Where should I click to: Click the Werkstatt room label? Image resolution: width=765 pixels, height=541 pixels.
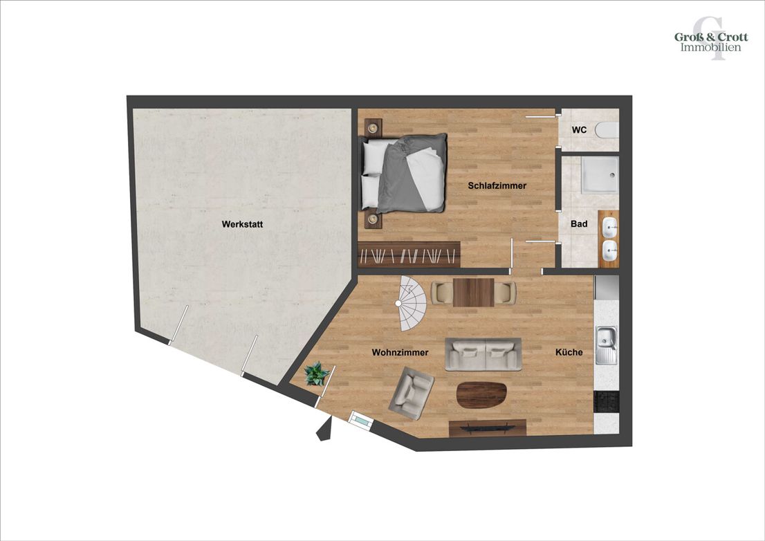(242, 224)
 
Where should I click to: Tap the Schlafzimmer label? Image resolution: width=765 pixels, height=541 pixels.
(497, 186)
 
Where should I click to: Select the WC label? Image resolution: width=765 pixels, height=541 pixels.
(579, 130)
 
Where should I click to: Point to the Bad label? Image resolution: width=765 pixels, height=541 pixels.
(579, 224)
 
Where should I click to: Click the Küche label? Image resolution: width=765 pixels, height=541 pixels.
(569, 352)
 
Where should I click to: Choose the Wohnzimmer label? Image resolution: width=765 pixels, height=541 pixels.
(400, 352)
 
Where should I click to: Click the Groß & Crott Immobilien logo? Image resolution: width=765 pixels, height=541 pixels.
(711, 41)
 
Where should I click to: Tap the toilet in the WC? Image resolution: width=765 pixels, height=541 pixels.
(607, 130)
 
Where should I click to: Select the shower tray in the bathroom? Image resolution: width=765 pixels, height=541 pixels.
(600, 175)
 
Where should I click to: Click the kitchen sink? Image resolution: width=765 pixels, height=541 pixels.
(606, 345)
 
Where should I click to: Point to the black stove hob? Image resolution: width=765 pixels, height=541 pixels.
(606, 401)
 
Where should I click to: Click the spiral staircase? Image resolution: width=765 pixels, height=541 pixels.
(412, 304)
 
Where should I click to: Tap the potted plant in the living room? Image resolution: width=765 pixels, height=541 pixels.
(316, 374)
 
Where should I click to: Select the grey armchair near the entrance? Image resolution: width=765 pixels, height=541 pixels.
(412, 393)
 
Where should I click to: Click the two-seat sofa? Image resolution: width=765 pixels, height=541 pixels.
(483, 354)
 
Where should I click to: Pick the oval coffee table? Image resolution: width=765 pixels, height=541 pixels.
(481, 395)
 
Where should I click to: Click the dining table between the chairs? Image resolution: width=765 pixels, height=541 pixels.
(473, 292)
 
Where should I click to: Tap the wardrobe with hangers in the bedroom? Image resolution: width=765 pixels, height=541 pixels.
(409, 254)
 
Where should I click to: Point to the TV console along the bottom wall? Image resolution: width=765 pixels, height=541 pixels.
(488, 428)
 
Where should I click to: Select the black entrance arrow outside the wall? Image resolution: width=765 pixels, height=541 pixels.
(324, 430)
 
